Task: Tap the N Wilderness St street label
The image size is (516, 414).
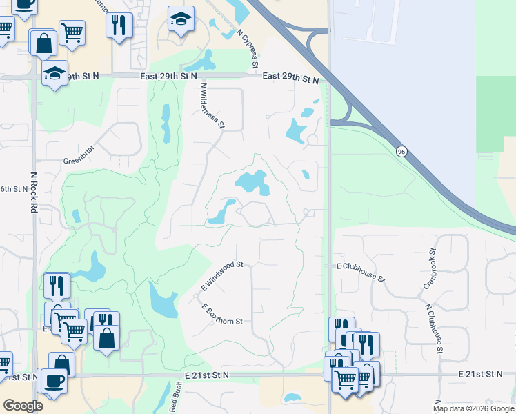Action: click(212, 106)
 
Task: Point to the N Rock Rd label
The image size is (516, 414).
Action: click(33, 193)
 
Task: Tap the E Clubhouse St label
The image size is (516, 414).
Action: click(360, 270)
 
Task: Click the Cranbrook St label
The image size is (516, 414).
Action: click(429, 269)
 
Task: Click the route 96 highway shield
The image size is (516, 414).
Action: click(401, 151)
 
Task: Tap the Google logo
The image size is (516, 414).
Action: click(23, 406)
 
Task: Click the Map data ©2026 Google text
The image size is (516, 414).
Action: click(473, 408)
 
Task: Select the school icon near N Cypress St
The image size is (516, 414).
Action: click(181, 19)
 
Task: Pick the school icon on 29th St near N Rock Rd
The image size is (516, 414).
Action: click(54, 73)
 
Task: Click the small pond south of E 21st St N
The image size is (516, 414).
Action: click(292, 398)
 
